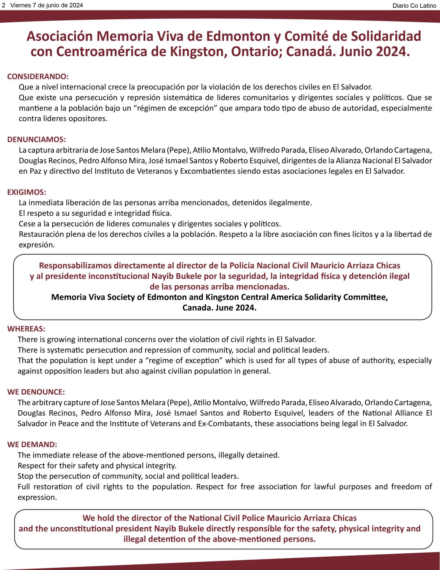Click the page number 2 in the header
tap(4, 5)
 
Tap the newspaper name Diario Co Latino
tap(414, 6)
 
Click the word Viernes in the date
tap(20, 5)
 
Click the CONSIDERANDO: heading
tap(38, 76)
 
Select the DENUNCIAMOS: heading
tap(36, 140)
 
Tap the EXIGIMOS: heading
tap(27, 192)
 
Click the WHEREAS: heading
tap(26, 329)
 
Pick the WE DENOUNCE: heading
tap(36, 392)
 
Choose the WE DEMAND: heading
tap(32, 445)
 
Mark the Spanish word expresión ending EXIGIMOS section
tap(36, 245)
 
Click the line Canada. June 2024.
tap(219, 308)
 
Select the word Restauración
tap(42, 234)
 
